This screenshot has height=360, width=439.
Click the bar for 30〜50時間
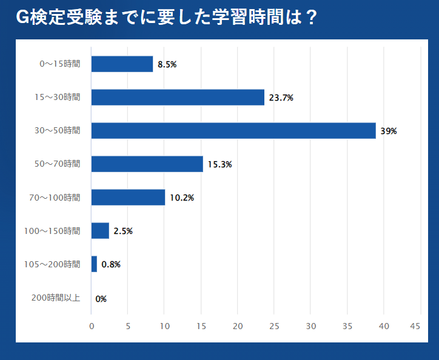coord(233,130)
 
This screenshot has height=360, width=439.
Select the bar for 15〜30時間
coord(178,97)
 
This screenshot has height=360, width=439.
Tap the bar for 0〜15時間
coord(122,64)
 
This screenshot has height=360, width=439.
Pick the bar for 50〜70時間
coord(147,164)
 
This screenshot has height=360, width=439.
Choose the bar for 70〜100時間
coord(128,197)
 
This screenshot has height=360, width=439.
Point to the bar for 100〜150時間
coord(100,230)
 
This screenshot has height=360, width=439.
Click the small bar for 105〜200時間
coord(94,264)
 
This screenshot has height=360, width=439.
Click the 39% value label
coord(388,131)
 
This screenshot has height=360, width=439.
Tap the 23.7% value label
coord(281,98)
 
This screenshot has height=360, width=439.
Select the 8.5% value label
coord(167,64)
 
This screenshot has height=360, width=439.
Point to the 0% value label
coord(101,298)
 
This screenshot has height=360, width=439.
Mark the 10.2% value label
coord(181,198)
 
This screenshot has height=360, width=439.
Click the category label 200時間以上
coord(55,298)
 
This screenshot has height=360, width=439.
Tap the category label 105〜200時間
coord(52,264)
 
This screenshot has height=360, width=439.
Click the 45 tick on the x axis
coord(415,326)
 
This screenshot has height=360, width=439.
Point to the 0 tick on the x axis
coord(92,326)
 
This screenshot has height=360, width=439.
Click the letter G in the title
coord(22,18)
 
